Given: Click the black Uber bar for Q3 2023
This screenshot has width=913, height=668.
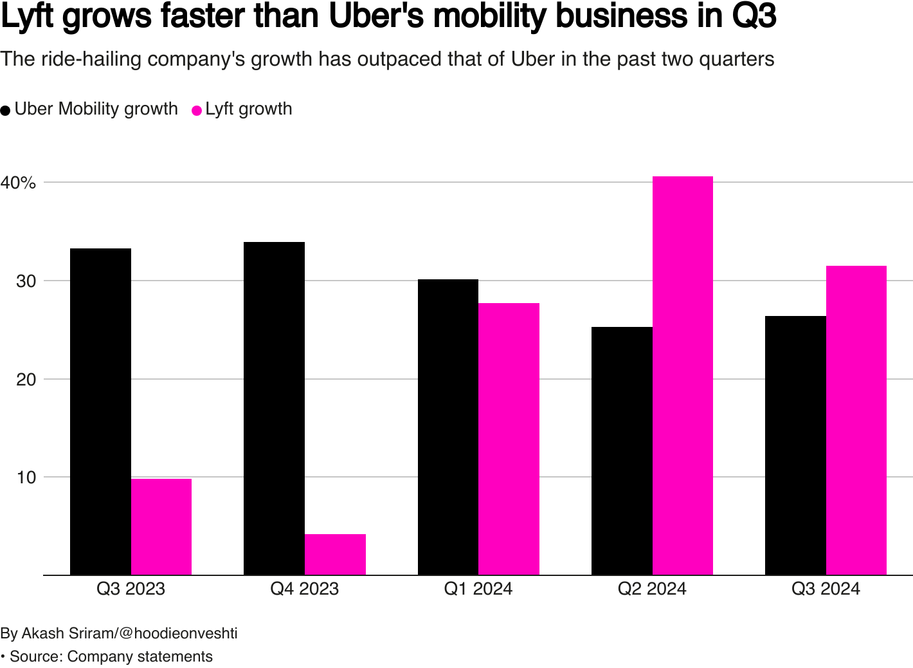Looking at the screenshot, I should [x=100, y=412].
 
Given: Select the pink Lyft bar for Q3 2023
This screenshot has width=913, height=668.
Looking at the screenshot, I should [x=161, y=527].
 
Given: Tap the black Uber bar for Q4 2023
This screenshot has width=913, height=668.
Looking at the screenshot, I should [x=274, y=409].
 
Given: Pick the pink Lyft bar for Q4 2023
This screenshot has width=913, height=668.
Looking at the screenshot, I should [x=335, y=555].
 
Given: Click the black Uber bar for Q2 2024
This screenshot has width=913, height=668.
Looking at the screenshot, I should [x=622, y=451].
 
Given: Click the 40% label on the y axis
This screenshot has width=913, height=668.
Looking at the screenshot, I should [x=19, y=183].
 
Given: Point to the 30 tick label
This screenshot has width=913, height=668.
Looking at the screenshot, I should [x=26, y=281].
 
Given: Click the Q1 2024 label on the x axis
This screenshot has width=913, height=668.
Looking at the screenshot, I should [x=478, y=589].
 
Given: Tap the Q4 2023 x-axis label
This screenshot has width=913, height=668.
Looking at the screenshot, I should [x=305, y=589].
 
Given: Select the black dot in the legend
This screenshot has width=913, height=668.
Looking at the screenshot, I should [x=6, y=110].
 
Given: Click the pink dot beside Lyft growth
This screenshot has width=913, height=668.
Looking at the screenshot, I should [x=197, y=110].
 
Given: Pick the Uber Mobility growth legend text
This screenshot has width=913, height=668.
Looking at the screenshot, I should [x=96, y=109].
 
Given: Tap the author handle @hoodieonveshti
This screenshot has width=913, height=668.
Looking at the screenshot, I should [x=179, y=633].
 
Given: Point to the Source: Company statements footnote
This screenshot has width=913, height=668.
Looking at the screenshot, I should [x=111, y=656].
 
